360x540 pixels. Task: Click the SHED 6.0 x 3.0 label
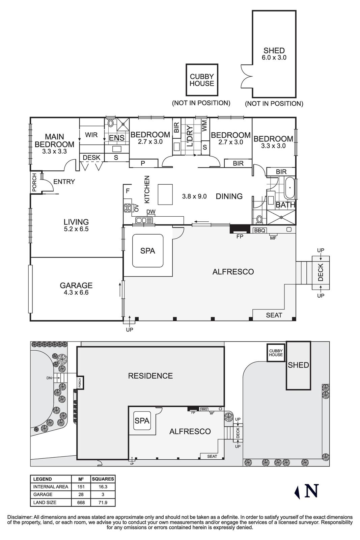pos(274,54)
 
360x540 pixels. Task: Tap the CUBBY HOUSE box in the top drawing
pos(202,80)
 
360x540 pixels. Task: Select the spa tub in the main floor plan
pos(148,251)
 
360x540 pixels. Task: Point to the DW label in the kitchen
pos(151,212)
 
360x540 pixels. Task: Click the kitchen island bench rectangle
pos(166,194)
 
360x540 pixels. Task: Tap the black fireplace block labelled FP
pos(240,229)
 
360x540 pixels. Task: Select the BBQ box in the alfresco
pos(260,231)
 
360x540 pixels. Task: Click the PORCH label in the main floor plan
pos(34,183)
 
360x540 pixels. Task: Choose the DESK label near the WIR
pos(91,158)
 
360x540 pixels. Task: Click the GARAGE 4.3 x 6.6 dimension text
pos(76,293)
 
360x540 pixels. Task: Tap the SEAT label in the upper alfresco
pos(274,315)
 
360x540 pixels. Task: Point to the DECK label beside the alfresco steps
pos(321,272)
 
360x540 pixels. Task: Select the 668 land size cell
pos(81,503)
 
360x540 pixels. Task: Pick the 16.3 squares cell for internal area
pos(103,487)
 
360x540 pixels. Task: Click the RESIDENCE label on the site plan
pos(150,376)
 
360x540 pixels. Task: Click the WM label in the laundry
pos(204,126)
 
